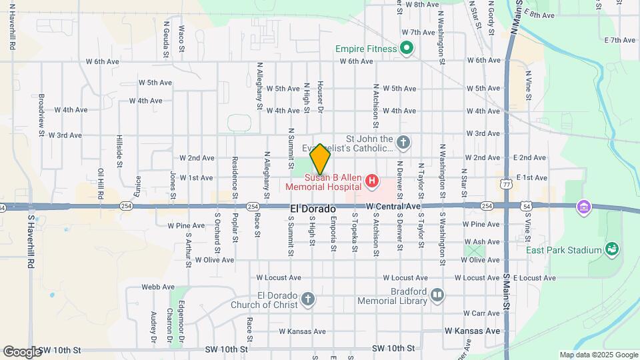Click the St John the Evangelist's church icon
point(403,141)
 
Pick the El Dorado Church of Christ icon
point(307,298)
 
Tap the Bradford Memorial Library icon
point(437,294)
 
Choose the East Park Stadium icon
point(611,250)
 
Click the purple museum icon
point(585,207)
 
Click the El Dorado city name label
point(312,209)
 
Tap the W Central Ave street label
point(393,207)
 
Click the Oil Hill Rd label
point(101,184)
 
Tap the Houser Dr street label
point(321,102)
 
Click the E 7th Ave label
point(619,41)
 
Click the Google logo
point(22,351)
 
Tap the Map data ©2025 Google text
point(598,355)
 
